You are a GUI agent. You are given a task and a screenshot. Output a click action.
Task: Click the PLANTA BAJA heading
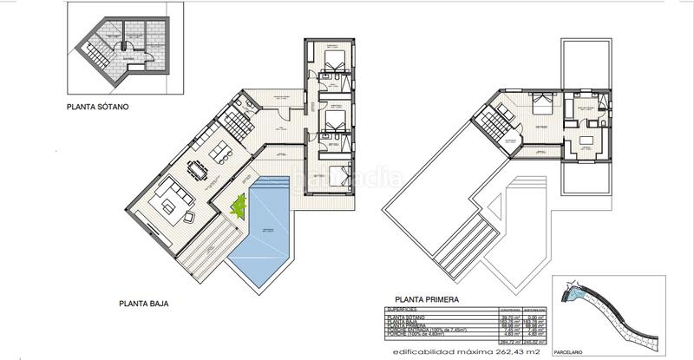(143, 304)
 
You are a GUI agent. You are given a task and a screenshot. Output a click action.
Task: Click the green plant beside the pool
(238, 206)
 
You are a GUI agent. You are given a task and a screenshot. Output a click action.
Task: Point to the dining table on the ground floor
(199, 169)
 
